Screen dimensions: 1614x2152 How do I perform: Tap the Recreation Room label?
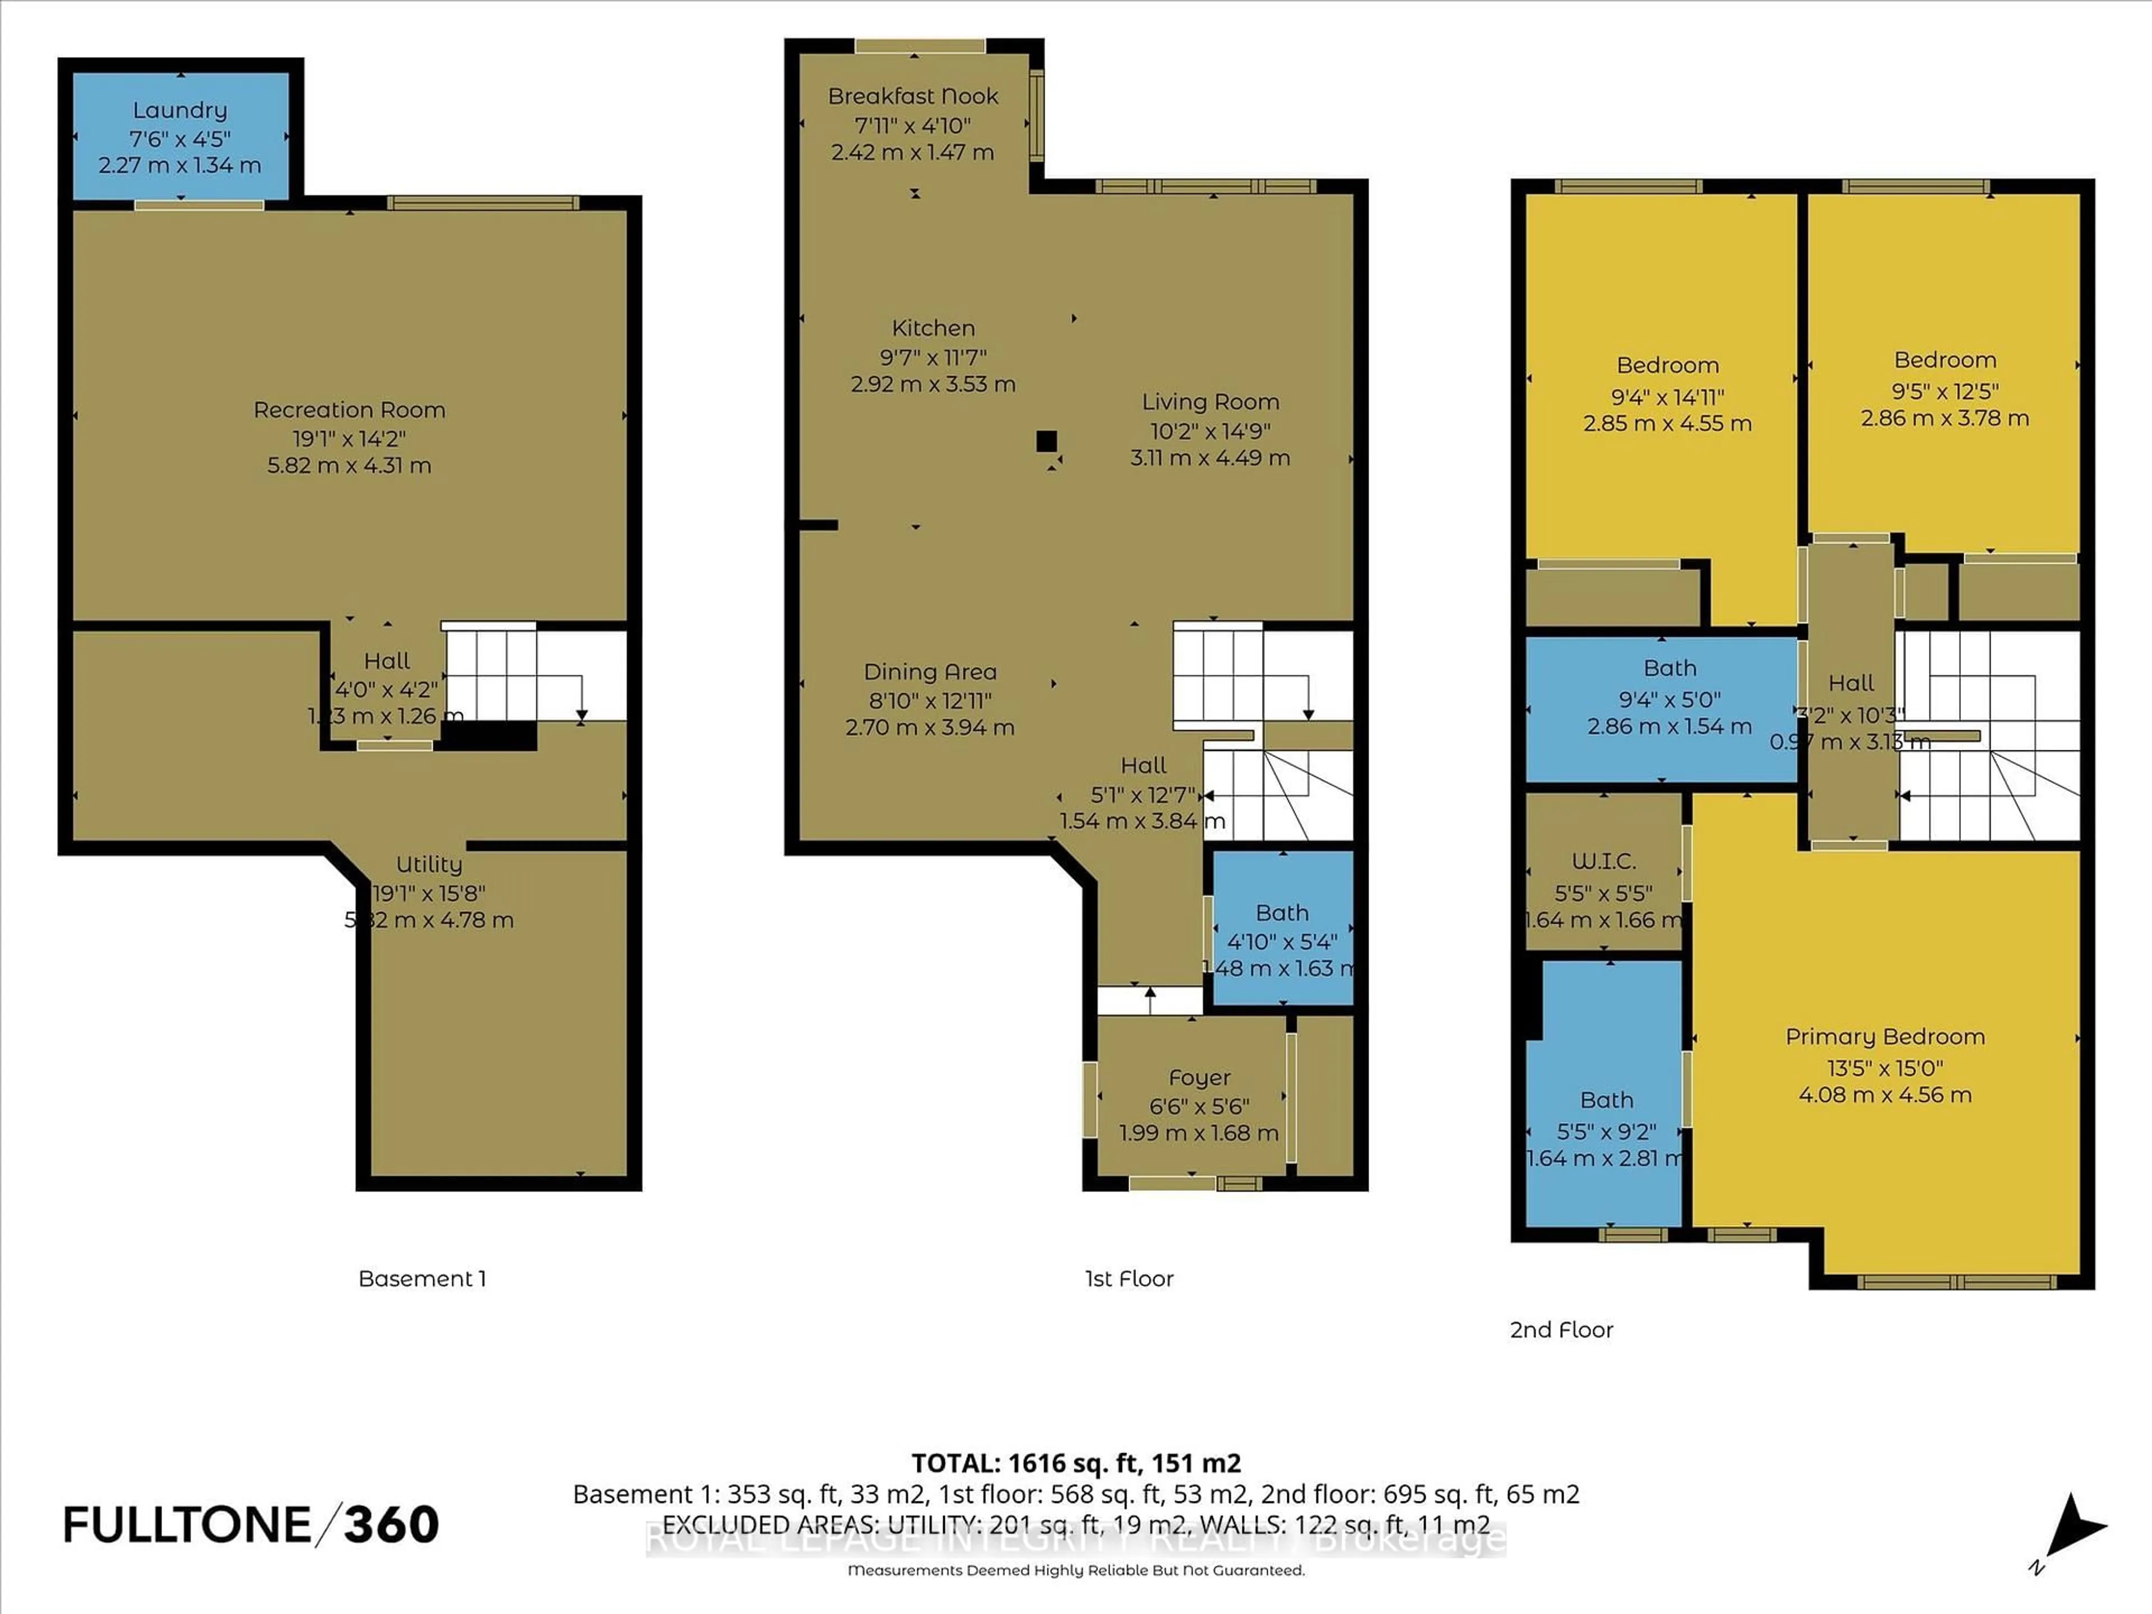click(x=349, y=410)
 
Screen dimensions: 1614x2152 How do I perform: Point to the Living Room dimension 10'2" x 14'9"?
click(x=1210, y=430)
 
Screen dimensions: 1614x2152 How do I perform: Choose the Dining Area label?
click(x=930, y=671)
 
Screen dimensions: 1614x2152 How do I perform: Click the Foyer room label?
click(x=1199, y=1077)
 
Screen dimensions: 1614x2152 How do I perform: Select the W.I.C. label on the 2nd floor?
click(x=1603, y=861)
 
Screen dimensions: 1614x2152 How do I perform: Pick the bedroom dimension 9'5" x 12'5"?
click(x=1945, y=391)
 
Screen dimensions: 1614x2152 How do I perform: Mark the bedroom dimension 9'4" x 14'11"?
click(x=1667, y=397)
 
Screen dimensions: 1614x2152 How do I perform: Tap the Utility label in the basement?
click(x=429, y=864)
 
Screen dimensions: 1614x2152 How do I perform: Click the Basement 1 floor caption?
click(x=422, y=1278)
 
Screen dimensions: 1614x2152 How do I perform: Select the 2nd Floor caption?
click(x=1561, y=1330)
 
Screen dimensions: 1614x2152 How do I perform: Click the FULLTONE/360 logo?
click(x=251, y=1524)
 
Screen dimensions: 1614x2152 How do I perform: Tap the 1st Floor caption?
click(x=1129, y=1278)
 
